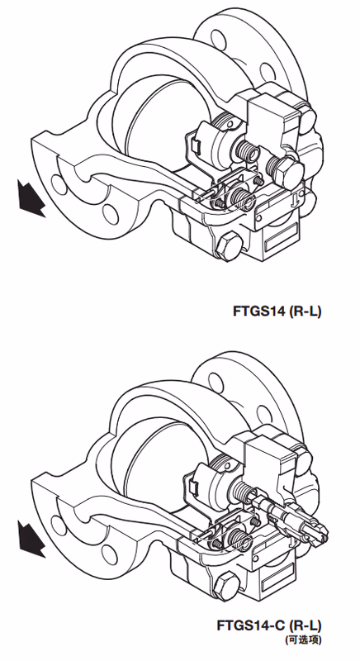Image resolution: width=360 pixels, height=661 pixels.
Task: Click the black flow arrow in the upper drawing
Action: click(x=31, y=198)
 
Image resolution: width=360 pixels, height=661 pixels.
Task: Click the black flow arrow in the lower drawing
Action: click(x=31, y=539)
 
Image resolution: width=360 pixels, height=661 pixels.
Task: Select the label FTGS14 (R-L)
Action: click(x=277, y=311)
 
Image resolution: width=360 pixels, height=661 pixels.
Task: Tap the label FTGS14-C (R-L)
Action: click(x=269, y=625)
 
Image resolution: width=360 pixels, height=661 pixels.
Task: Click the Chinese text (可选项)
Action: click(x=303, y=640)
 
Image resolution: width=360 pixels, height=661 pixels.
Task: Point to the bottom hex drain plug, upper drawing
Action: click(x=229, y=247)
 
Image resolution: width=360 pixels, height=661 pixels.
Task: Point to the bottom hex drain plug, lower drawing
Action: click(x=228, y=587)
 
